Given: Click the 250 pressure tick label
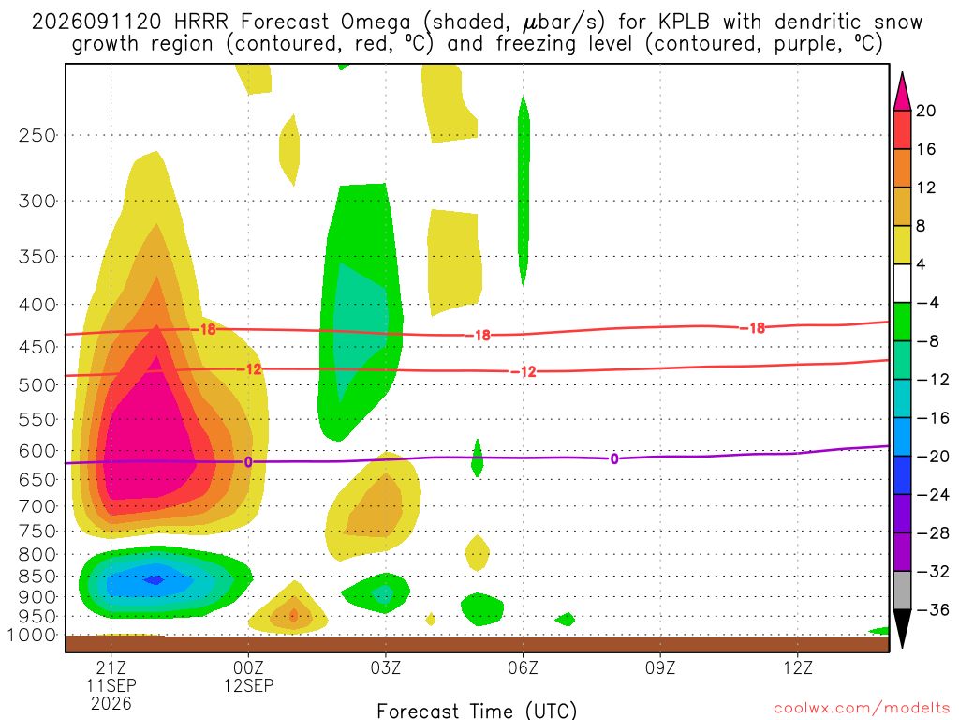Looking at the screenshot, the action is [37, 135].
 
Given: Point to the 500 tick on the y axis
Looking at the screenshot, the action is [37, 385].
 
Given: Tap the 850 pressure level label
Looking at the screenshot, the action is [37, 577].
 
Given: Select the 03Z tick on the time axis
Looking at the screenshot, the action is [385, 667].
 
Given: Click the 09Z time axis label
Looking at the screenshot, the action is [660, 667].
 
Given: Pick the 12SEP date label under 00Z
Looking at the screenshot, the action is [248, 685].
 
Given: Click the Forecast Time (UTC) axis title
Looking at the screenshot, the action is [477, 711].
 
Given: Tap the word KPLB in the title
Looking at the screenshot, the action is [684, 22].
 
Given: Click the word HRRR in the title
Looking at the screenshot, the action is [201, 22].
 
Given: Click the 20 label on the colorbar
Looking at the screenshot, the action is [926, 111].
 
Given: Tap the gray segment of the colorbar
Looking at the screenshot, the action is [902, 591].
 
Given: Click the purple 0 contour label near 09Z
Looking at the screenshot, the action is [614, 458].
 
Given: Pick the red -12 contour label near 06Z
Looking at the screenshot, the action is [524, 371].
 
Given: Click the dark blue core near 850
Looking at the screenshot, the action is [155, 579].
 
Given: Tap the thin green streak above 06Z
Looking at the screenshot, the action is [524, 189].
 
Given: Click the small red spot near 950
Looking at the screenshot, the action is [293, 615].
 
